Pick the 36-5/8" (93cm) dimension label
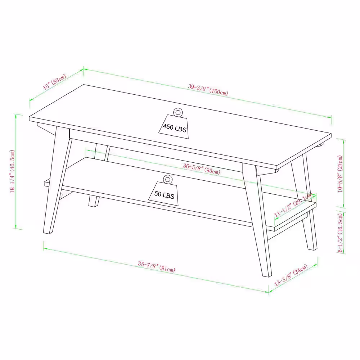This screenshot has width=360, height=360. pos(201,168)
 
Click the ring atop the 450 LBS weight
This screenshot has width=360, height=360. pos(177,112)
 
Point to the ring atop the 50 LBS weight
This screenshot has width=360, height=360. pos(167,179)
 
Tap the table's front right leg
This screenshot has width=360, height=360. pos(258,220)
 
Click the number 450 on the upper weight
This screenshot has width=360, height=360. pos(168,127)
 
